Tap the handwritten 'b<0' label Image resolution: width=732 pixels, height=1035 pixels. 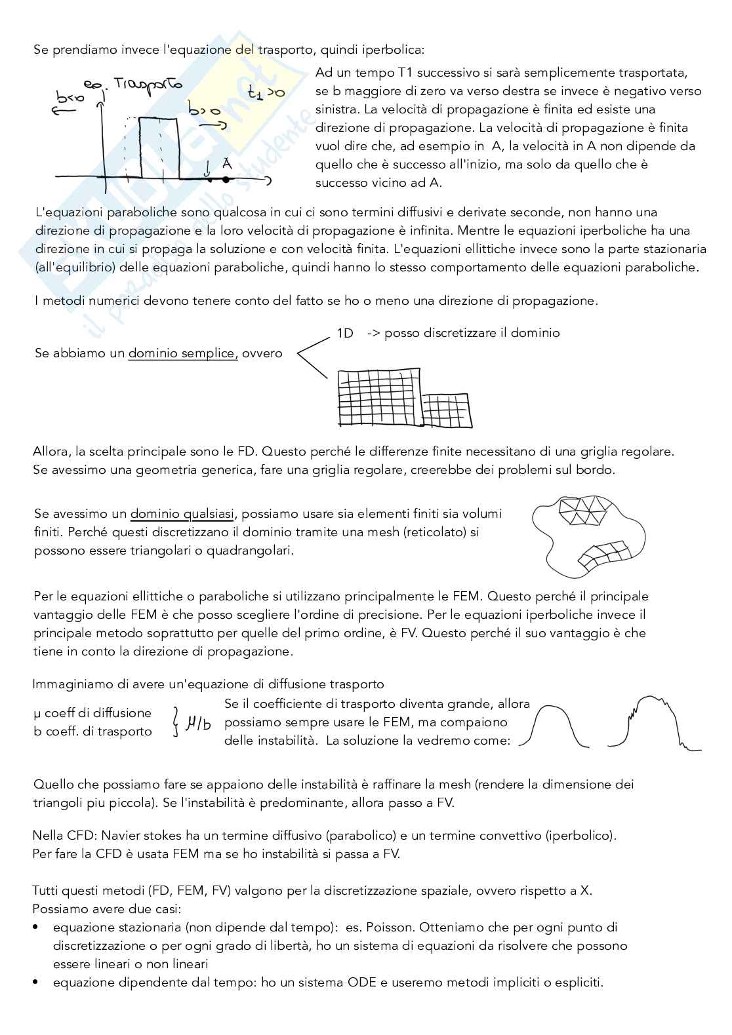70,98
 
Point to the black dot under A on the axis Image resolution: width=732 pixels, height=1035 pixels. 226,178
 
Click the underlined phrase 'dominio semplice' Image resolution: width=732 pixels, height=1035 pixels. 182,353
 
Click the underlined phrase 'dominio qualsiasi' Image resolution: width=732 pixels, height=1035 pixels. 182,513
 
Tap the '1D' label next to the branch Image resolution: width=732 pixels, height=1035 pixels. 345,333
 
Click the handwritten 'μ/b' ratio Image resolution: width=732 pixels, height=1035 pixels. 199,724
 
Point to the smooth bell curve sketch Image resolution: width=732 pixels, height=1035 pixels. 558,727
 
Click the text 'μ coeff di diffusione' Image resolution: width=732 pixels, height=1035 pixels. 92,713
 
